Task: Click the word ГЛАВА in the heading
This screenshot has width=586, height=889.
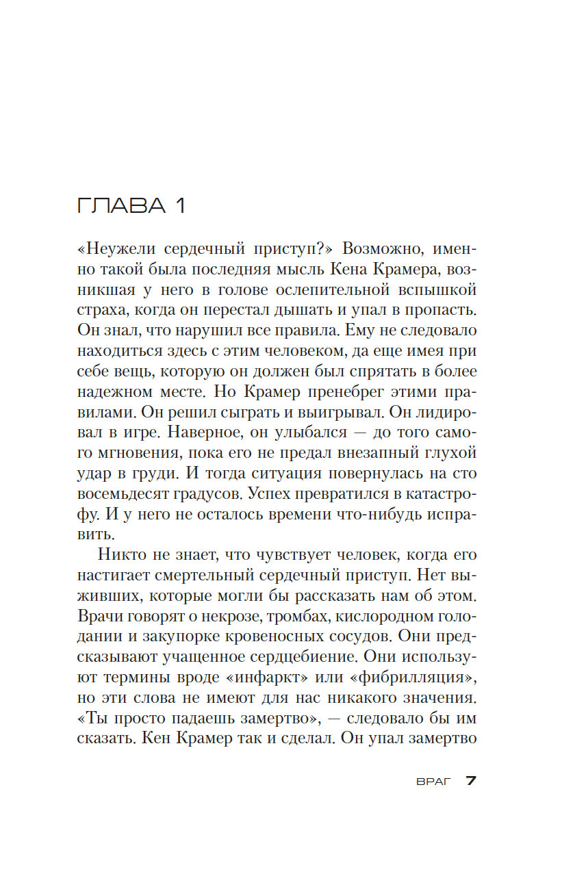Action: [121, 206]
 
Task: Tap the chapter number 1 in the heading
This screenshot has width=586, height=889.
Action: [180, 206]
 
